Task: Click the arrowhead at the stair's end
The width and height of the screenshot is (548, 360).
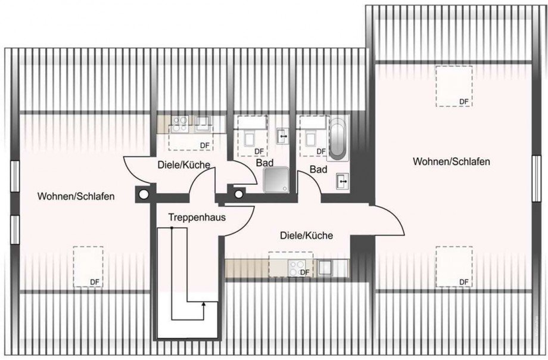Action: [204, 304]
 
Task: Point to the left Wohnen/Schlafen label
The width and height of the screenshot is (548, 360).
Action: [75, 195]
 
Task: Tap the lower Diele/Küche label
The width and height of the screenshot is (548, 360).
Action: [306, 236]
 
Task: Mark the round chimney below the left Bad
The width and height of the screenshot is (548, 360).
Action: [239, 194]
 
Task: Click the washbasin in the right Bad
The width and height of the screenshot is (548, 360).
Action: [343, 179]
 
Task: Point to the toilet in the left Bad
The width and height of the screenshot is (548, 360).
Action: [249, 138]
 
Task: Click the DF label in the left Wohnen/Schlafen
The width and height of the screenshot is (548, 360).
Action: [94, 282]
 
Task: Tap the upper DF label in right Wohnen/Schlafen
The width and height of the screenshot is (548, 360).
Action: [463, 101]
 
